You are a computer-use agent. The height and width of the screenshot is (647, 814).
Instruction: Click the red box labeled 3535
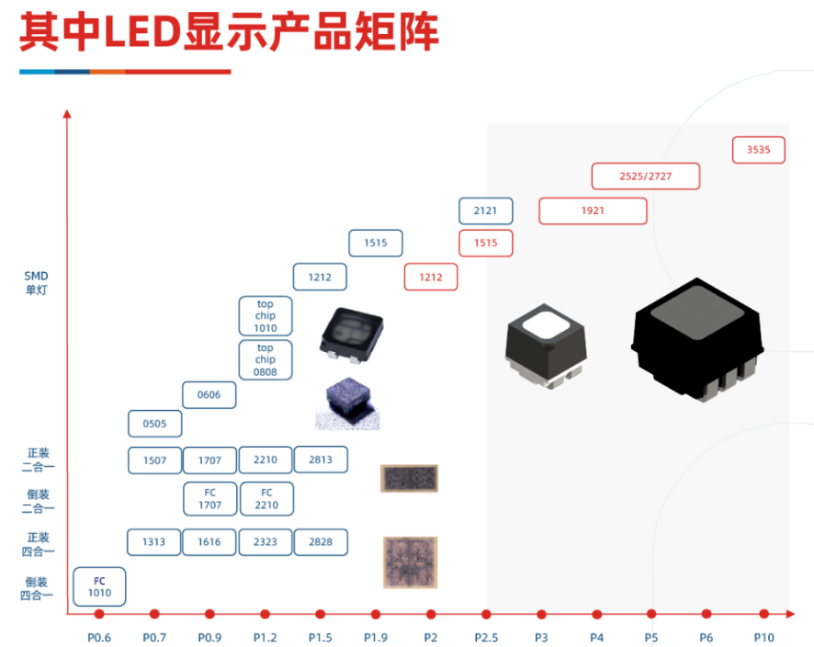pyautogui.click(x=759, y=150)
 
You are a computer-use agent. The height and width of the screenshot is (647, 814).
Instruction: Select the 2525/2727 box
pyautogui.click(x=646, y=176)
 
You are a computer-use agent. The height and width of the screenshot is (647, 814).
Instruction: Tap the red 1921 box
pyautogui.click(x=593, y=210)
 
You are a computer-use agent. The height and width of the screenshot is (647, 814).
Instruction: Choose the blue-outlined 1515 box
pyautogui.click(x=376, y=243)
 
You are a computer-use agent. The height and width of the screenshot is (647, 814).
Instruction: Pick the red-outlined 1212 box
pyautogui.click(x=431, y=277)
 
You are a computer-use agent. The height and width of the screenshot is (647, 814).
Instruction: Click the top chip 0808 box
pyautogui.click(x=266, y=360)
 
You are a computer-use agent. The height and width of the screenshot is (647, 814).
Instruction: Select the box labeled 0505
pyautogui.click(x=154, y=424)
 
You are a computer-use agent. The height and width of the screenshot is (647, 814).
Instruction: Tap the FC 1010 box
pyautogui.click(x=99, y=586)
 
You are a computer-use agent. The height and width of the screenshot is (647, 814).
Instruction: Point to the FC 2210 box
pyautogui.click(x=266, y=499)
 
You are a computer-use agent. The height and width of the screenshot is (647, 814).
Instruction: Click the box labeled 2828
pyautogui.click(x=321, y=542)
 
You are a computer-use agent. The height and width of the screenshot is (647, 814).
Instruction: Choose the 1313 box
pyautogui.click(x=153, y=542)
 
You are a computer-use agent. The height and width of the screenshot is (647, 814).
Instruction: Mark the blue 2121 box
pyautogui.click(x=485, y=210)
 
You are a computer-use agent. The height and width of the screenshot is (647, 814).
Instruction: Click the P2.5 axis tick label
pyautogui.click(x=486, y=638)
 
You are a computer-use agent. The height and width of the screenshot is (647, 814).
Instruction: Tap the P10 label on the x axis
pyautogui.click(x=763, y=638)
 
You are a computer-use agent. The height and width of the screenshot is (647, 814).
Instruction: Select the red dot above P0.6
pyautogui.click(x=99, y=614)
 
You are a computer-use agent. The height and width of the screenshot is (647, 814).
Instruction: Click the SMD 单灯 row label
pyautogui.click(x=37, y=283)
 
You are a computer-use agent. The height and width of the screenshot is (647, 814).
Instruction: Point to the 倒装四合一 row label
pyautogui.click(x=37, y=588)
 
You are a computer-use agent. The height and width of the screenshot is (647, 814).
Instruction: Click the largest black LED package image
pyautogui.click(x=697, y=340)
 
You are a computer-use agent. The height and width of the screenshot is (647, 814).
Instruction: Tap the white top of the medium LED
pyautogui.click(x=546, y=325)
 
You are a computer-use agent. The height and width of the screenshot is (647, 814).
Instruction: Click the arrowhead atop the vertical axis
pyautogui.click(x=66, y=114)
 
